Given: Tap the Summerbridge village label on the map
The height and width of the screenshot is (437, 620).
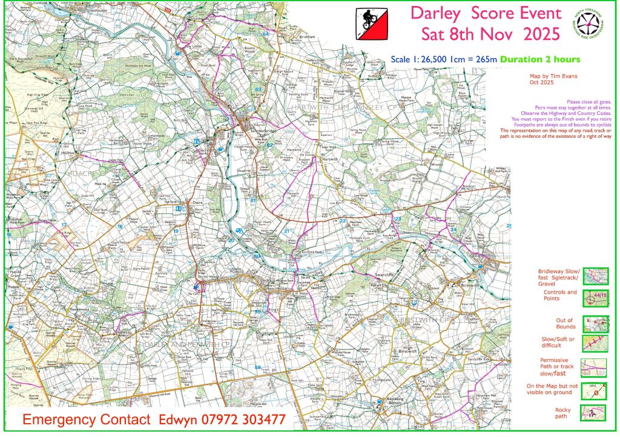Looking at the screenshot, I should click(x=261, y=132).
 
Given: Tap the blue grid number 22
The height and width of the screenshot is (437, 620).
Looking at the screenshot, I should click(x=343, y=221).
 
